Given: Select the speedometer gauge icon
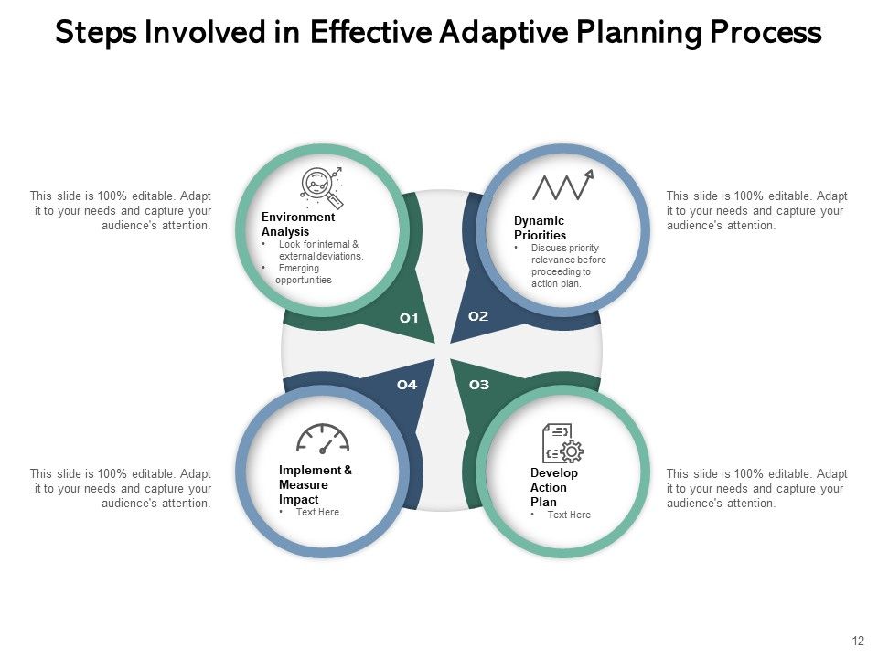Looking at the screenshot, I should coord(323,440).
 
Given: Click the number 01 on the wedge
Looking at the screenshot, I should coord(409,318).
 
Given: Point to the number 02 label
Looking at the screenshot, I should coord(478,316).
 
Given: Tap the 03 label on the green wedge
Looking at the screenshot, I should coord(478,385).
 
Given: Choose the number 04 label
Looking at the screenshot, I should coord(407,385).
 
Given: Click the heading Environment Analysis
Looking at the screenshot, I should coord(298,225).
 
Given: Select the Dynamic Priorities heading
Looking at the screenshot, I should coord(540,228).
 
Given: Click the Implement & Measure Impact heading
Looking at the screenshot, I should coord(315,484).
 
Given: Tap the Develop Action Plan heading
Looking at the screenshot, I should coord(554,487).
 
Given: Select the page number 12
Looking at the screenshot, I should coord(857,641).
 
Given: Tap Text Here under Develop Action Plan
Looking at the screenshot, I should coord(568,515).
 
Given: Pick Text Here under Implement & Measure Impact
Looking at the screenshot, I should coord(316,512).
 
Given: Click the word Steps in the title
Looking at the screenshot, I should coord(95,33).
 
